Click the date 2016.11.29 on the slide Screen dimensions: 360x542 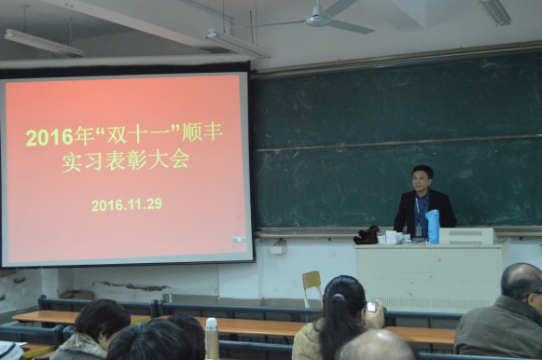pos(127,204)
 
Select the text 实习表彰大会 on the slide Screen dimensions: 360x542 pos(125,159)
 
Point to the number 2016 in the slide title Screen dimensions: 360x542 pos(49,137)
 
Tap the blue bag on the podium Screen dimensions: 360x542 pos(432,226)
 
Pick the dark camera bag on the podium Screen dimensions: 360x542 pos(368,235)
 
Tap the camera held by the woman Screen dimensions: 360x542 pos(372,306)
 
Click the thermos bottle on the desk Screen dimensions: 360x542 pos(212,337)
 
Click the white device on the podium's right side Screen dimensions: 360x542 pos(466,235)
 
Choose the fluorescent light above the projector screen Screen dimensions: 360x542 pos(43,42)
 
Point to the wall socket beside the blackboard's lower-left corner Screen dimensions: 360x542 pos(278,247)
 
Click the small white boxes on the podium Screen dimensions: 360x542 pos(391,238)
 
